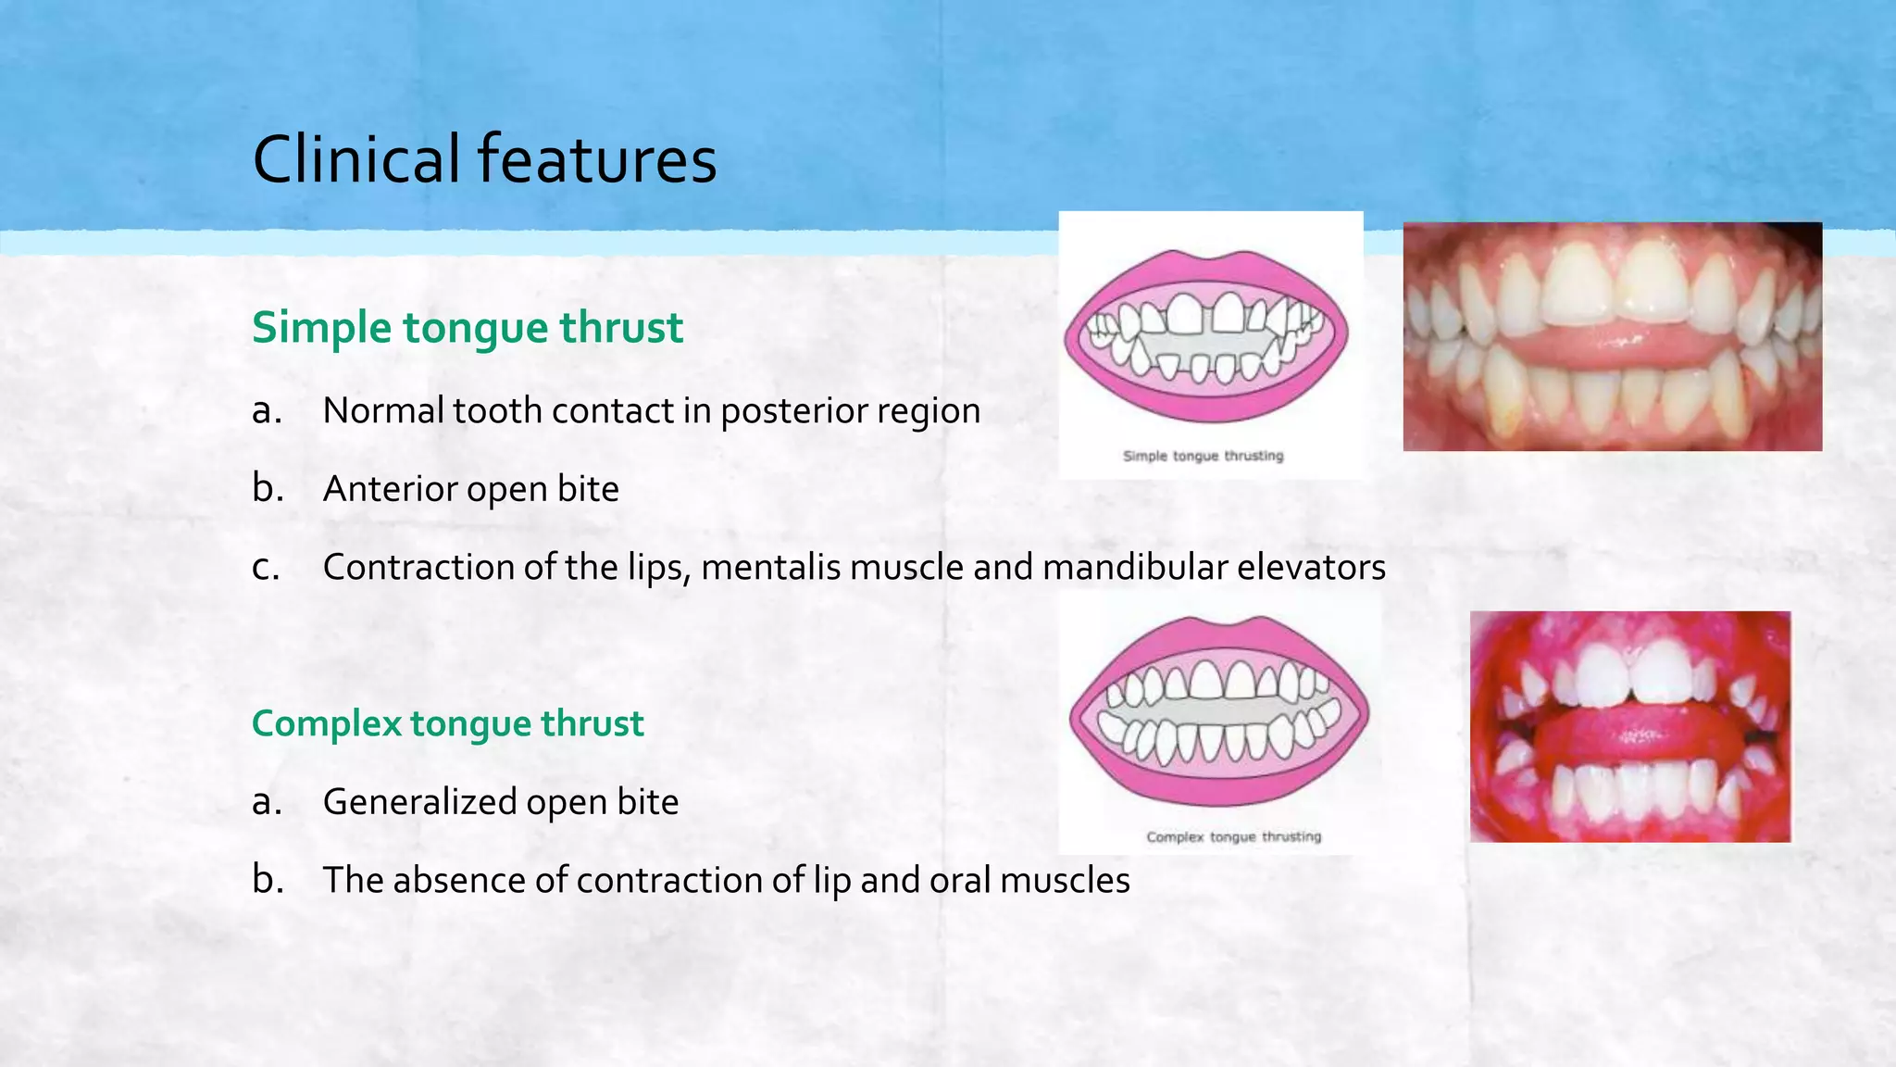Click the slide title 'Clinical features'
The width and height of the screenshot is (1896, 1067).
point(484,159)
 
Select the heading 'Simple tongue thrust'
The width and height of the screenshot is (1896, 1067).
point(468,328)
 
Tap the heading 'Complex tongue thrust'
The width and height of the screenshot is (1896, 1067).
point(447,723)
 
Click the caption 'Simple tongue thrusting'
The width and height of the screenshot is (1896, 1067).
point(1203,456)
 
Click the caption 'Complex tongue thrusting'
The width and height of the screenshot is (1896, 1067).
point(1233,837)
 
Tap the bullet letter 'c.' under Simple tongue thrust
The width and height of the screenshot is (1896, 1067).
point(266,567)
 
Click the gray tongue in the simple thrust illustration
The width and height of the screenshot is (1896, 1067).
point(1204,345)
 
